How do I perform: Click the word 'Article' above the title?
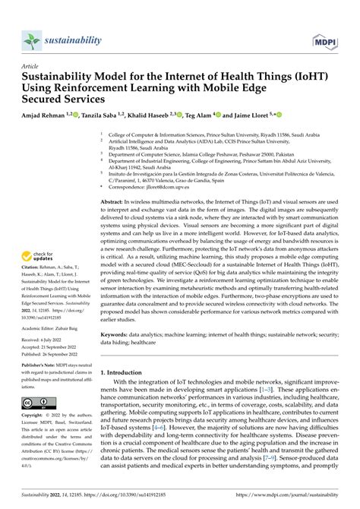(x=31, y=66)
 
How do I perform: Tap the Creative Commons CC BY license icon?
(x=36, y=400)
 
